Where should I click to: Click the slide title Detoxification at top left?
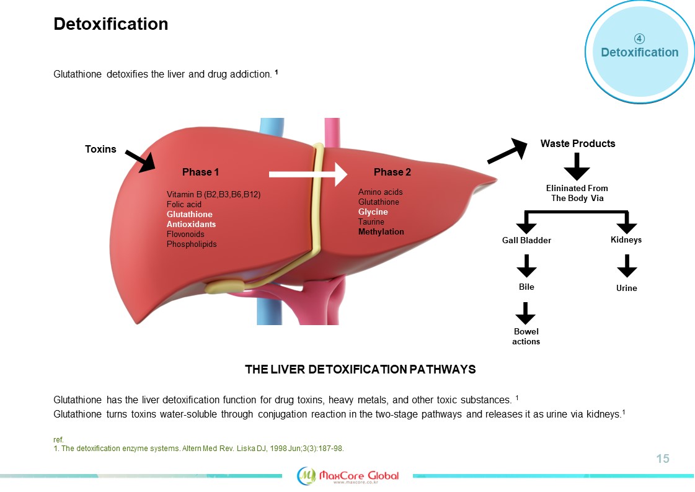click(111, 24)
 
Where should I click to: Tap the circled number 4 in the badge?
click(639, 38)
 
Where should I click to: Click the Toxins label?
click(100, 149)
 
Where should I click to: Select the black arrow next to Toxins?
click(140, 160)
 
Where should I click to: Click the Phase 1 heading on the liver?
click(200, 172)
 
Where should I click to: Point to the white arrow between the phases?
click(308, 174)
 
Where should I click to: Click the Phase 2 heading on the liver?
click(392, 172)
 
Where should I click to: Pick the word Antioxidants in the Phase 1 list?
click(191, 224)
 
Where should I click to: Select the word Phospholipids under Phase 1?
click(192, 244)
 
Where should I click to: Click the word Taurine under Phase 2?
click(371, 221)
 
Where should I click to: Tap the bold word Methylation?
click(381, 231)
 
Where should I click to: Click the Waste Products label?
click(578, 143)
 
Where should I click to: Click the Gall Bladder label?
click(526, 240)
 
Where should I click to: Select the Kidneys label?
click(626, 239)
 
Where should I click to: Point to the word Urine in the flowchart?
click(626, 288)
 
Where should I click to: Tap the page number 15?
click(663, 459)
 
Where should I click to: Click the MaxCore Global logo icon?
click(308, 475)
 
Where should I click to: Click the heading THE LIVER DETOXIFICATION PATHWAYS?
click(360, 369)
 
